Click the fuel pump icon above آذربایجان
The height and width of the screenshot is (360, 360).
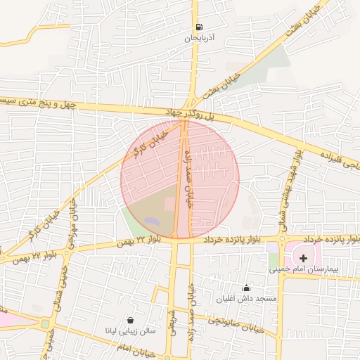pos(198,27)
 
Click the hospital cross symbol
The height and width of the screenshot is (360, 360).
pos(303,259)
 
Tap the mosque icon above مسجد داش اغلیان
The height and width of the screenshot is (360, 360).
pos(246,288)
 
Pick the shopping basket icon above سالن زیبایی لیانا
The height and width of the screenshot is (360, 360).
pos(129,319)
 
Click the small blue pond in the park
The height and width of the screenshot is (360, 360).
pos(153,222)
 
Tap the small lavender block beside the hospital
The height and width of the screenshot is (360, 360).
pos(273,247)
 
